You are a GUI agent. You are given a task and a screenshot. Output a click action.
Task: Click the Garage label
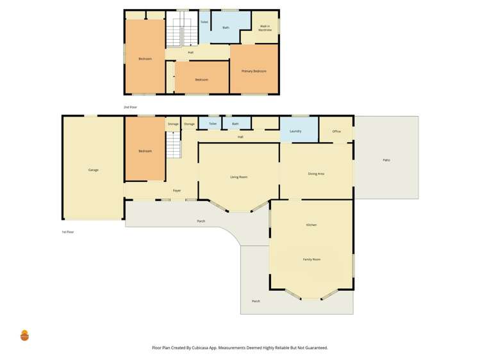point(93,170)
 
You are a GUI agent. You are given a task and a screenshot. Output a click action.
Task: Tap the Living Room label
point(239,177)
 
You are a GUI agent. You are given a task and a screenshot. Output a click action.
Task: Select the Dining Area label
point(316,174)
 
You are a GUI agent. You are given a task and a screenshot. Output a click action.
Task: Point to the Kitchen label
point(311,225)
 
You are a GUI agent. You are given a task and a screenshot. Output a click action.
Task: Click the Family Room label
point(311,259)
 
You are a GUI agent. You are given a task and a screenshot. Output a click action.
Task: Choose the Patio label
point(386,160)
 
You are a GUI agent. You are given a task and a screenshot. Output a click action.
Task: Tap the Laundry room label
point(295,131)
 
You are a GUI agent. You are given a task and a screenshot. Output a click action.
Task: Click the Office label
point(336,131)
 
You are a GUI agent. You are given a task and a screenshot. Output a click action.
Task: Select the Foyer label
point(177,191)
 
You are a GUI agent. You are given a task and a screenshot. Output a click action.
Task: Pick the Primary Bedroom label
point(254,71)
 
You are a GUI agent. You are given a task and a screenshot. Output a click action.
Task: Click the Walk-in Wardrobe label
point(265,28)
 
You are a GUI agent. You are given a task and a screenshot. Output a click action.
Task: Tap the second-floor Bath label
point(226,28)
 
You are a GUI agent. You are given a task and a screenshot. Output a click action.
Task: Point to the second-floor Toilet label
point(204,22)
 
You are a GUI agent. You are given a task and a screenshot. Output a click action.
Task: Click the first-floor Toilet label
point(213,124)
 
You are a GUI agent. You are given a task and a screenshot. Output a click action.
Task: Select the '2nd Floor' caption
point(130,107)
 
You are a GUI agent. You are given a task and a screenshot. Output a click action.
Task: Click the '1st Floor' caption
point(68,232)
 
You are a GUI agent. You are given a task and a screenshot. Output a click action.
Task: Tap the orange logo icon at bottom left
point(25,335)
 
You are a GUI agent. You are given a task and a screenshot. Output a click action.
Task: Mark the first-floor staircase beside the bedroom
point(174,147)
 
